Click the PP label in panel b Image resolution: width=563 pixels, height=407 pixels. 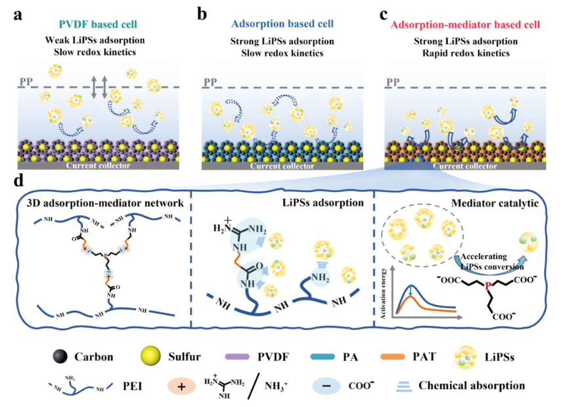click(210, 82)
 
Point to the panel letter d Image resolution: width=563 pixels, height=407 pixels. click(19, 180)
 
